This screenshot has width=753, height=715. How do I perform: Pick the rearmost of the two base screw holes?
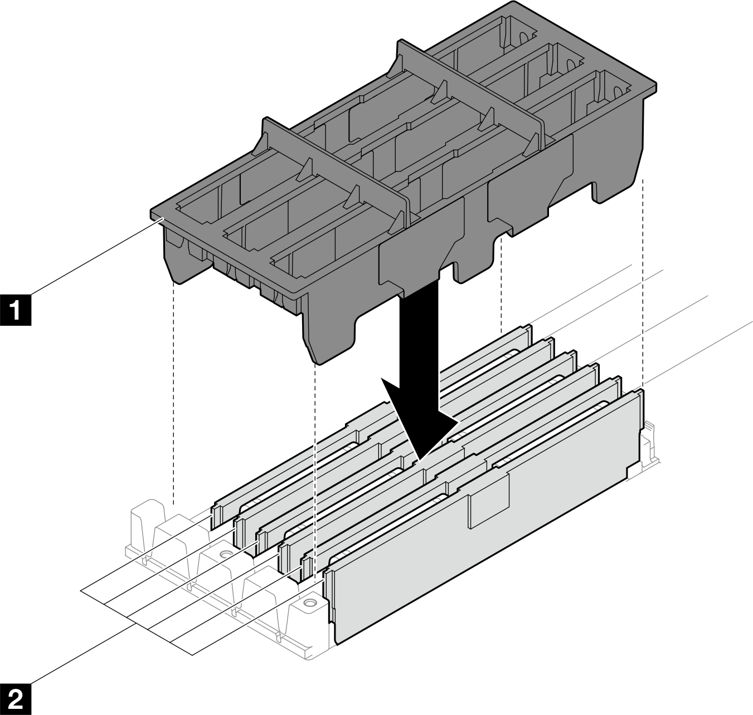coord(225,555)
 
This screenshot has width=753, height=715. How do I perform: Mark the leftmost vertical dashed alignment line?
coord(174,390)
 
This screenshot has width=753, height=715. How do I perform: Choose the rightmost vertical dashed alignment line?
coord(644,278)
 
